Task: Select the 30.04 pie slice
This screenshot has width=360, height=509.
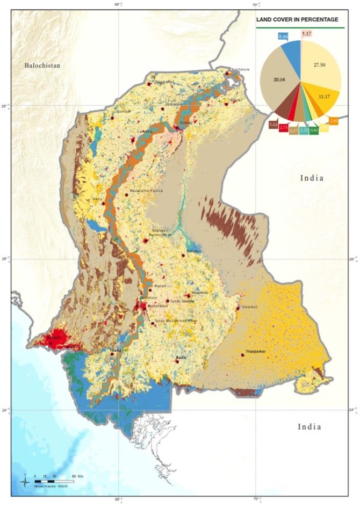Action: (x=279, y=81)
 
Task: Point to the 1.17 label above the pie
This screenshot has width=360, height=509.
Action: (x=307, y=34)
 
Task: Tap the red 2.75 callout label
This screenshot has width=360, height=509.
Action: (x=284, y=128)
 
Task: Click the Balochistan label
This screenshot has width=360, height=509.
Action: (x=42, y=66)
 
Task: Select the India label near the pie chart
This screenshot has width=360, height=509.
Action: (x=312, y=178)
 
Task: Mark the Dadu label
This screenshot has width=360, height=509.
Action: (x=97, y=199)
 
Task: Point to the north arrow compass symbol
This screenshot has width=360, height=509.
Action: (x=25, y=480)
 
